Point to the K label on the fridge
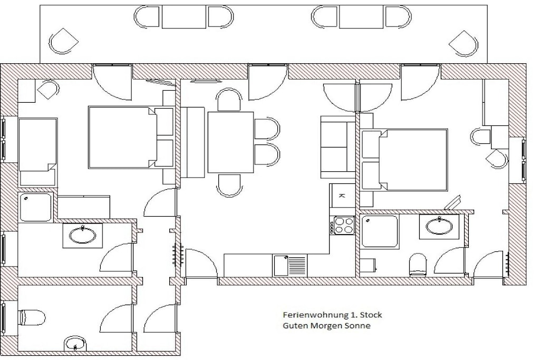click(x=342, y=196)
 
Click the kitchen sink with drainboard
click(x=290, y=265)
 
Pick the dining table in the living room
click(x=231, y=142)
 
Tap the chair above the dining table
click(x=229, y=100)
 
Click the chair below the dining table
click(x=230, y=186)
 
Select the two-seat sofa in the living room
click(x=338, y=144)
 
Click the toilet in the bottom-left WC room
click(x=32, y=317)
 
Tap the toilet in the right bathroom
click(x=418, y=265)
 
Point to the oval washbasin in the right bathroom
click(x=439, y=227)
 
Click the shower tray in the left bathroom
click(x=36, y=207)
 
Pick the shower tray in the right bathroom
click(x=380, y=231)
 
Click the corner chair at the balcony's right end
click(x=464, y=43)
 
